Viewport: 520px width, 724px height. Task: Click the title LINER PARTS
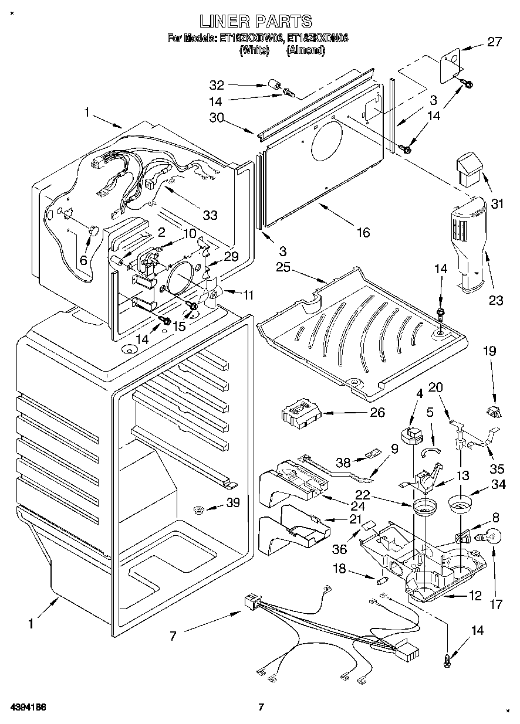click(x=255, y=22)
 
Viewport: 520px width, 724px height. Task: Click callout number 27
click(x=494, y=42)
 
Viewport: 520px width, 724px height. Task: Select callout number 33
click(x=210, y=215)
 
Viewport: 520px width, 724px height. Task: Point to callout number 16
click(x=363, y=233)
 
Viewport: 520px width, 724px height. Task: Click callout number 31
click(x=497, y=204)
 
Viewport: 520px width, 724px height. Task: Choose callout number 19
click(x=489, y=351)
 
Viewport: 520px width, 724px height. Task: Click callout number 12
click(x=475, y=596)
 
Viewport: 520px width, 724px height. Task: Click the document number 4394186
click(x=28, y=706)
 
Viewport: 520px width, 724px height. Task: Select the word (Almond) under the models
click(x=305, y=50)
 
